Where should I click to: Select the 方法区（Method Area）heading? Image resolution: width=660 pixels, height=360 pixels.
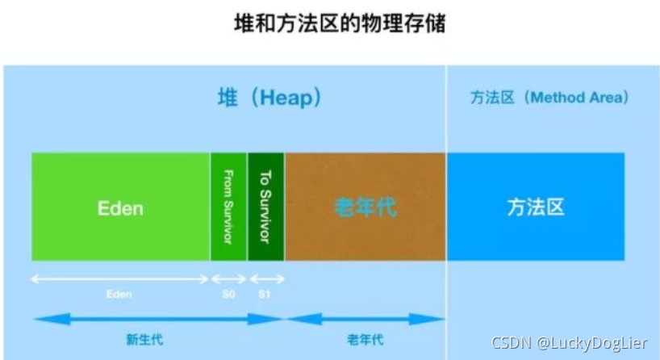click(x=549, y=98)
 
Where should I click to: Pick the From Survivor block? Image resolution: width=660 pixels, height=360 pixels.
click(x=228, y=207)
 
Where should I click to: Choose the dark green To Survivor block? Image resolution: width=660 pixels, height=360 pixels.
click(x=266, y=207)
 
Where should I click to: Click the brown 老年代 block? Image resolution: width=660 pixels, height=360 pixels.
click(x=365, y=207)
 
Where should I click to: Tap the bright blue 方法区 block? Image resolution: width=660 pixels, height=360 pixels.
click(x=535, y=207)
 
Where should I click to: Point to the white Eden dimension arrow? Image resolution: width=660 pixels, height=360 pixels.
click(x=120, y=279)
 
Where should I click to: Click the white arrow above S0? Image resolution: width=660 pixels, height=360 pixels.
click(x=228, y=279)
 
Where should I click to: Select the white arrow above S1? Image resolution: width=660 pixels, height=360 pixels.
click(x=266, y=279)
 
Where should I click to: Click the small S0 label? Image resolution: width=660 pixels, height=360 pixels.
click(x=228, y=295)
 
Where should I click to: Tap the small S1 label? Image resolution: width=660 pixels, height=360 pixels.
click(x=264, y=295)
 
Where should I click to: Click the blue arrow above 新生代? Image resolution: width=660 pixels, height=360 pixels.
click(x=158, y=319)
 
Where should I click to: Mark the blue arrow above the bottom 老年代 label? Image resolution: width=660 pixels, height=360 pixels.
click(x=365, y=319)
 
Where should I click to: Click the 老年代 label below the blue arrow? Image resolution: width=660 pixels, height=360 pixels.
click(x=366, y=338)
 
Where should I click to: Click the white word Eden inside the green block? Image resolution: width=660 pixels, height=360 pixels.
click(x=120, y=207)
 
